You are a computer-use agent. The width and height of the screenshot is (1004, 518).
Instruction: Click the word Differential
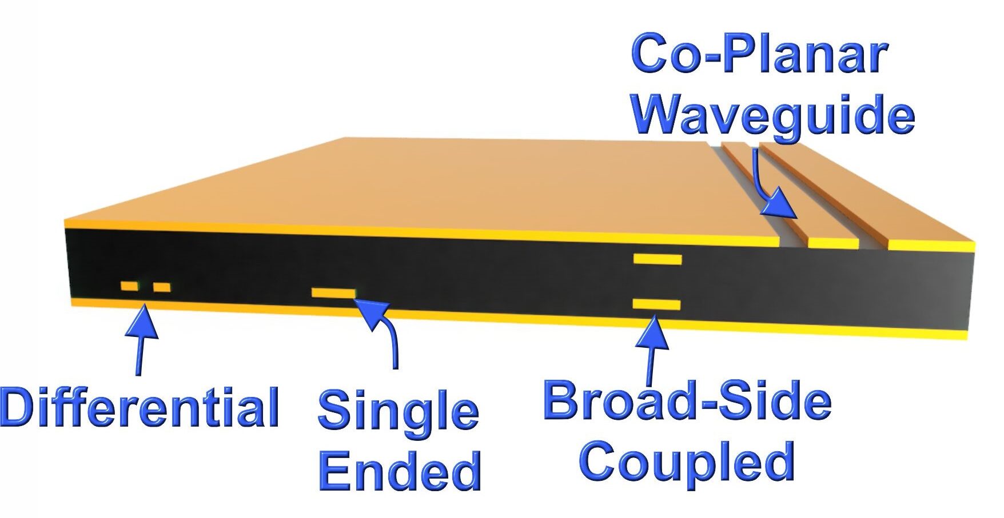click(x=140, y=407)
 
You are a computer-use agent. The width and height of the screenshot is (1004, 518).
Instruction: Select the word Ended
click(x=400, y=472)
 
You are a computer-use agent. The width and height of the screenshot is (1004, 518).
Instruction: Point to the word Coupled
click(x=687, y=461)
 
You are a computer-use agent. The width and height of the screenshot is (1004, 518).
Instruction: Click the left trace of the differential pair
click(x=129, y=286)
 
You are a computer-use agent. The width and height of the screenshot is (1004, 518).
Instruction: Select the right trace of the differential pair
click(x=162, y=287)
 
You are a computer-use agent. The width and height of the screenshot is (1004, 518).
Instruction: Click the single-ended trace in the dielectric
click(x=333, y=293)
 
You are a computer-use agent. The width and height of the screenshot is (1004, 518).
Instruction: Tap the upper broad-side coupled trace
click(x=658, y=260)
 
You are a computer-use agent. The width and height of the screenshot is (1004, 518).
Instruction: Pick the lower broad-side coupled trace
click(x=656, y=304)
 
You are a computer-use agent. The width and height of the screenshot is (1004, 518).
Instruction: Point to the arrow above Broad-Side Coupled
click(x=652, y=348)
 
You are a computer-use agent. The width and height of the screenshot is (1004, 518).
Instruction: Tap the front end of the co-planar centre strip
click(x=833, y=243)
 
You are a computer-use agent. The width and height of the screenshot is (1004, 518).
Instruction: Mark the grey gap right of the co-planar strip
click(x=873, y=243)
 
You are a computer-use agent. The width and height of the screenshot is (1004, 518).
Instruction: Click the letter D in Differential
click(x=21, y=407)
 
